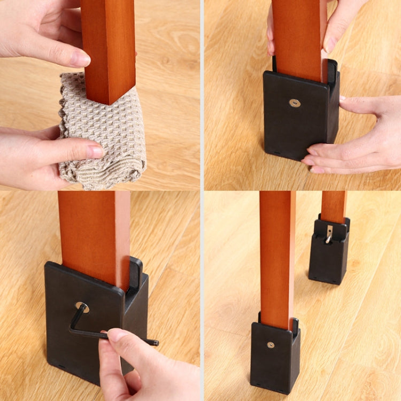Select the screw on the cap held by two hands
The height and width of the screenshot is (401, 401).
point(295,103)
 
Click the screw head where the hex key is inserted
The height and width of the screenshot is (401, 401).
point(82,307)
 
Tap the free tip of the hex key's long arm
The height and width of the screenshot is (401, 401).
point(156,342)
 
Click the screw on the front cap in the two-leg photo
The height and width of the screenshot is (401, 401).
point(271,345)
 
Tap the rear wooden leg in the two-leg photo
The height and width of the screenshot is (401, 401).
point(334,206)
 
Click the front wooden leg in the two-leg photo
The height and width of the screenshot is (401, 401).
point(277,257)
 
